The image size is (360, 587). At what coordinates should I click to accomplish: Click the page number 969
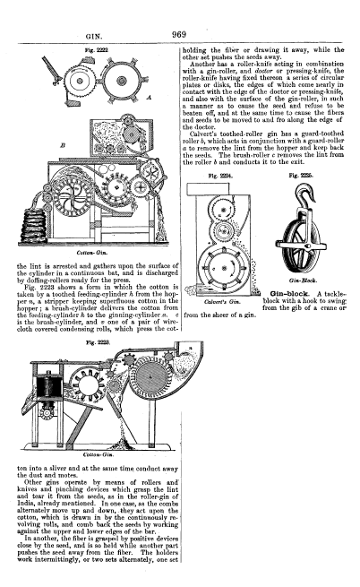[179, 34]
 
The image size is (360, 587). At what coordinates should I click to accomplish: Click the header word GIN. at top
[94, 37]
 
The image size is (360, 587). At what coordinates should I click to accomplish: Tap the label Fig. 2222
[97, 50]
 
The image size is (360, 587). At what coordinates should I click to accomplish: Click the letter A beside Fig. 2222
[149, 98]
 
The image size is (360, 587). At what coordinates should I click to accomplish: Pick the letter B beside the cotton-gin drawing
[63, 145]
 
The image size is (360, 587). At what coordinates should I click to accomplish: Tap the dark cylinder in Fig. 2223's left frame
[48, 387]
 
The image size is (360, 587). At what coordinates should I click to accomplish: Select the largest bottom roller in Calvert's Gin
[223, 268]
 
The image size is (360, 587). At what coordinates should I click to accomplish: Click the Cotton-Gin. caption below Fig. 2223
[98, 455]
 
